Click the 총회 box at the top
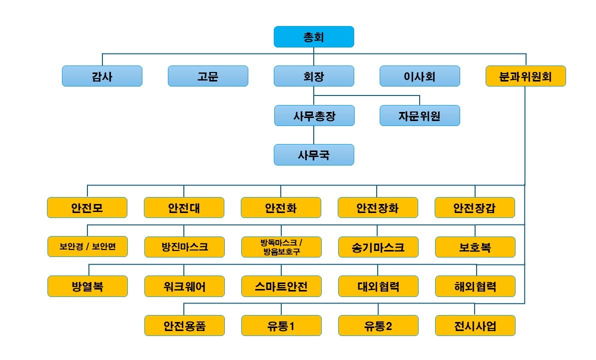coord(314,37)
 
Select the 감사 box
coord(102,76)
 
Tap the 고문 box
coord(208,76)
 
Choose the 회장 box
coord(314,76)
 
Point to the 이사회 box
coord(420,76)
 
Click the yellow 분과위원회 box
coord(526,76)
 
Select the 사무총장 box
coord(314,115)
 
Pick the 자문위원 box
coord(420,115)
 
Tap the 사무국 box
coord(314,154)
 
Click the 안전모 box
coord(87,207)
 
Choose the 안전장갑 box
coord(475,207)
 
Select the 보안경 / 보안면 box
coord(87,247)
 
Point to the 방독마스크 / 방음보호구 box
coord(281,247)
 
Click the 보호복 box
coord(475,247)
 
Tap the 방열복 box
coord(87,286)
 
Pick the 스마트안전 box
coord(281,286)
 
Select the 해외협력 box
coord(475,286)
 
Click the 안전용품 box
coord(184,325)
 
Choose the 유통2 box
coord(378,325)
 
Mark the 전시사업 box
coord(475,325)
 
